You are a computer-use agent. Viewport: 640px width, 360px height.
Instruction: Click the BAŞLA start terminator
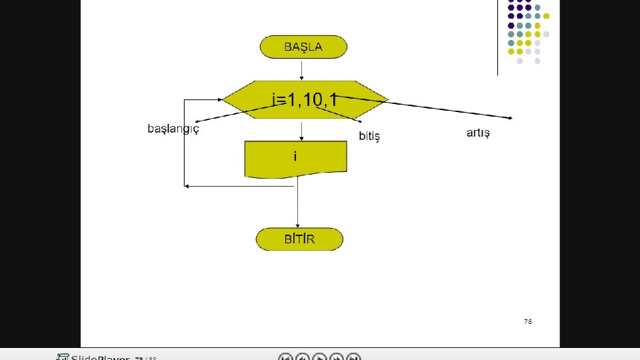pos(303,47)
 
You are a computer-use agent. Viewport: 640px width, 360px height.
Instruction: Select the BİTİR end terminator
pos(299,239)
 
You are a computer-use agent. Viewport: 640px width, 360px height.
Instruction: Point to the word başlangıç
pos(173,128)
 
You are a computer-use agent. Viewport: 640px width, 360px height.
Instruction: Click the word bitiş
pos(369,136)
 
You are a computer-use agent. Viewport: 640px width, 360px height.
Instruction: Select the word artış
pos(478,133)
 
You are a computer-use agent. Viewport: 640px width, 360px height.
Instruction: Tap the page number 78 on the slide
pos(527,321)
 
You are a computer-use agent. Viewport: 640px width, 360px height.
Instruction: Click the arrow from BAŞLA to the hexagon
pos(302,69)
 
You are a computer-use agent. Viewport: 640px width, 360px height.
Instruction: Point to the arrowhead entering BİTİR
pos(298,225)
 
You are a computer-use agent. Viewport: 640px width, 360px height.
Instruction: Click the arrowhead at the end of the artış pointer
pos(510,118)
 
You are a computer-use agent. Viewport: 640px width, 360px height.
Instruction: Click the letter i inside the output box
pos(295,156)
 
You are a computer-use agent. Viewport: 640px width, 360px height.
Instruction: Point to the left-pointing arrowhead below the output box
pos(187,186)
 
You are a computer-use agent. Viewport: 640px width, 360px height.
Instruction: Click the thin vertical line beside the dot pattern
pos(498,37)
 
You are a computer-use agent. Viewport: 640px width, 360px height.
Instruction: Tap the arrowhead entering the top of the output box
pos(303,138)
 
